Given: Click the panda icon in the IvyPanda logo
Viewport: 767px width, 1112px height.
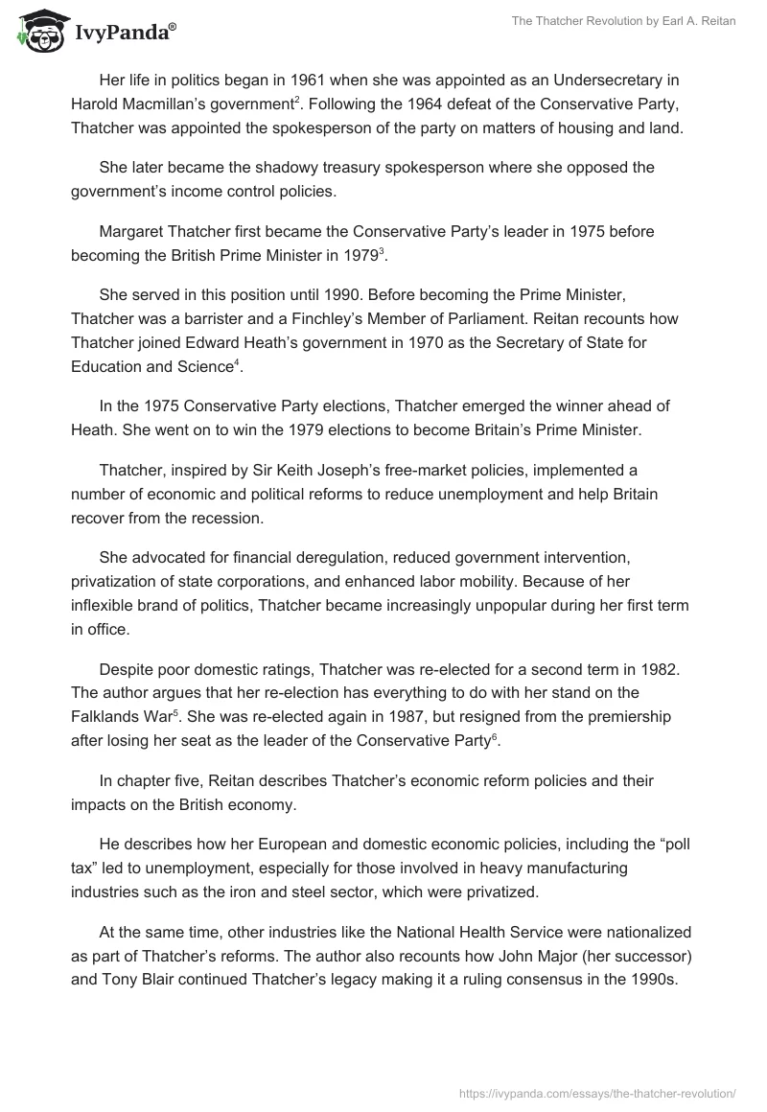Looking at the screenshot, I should [x=36, y=33].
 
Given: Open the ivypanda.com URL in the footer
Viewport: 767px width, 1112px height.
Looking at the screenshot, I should [x=598, y=1093].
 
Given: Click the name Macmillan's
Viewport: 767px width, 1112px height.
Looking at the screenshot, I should [x=169, y=104].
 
